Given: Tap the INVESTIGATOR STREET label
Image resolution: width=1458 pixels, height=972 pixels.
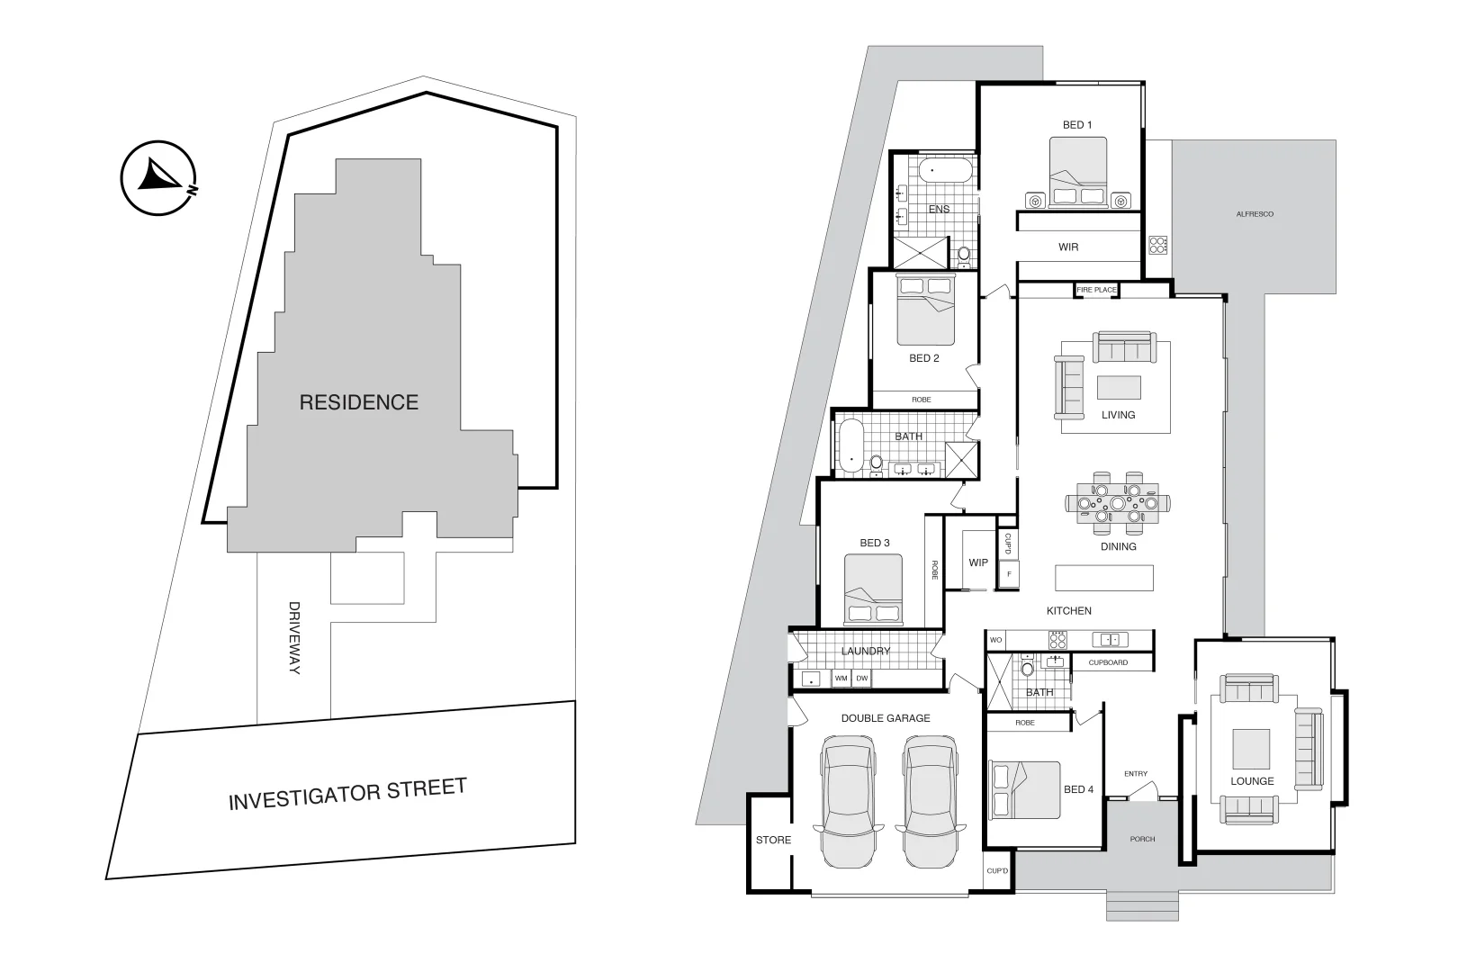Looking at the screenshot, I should coord(347,794).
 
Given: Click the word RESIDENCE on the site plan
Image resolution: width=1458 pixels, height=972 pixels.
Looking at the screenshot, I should coord(358,402).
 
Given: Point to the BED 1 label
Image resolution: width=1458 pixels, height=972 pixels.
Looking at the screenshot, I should coord(1077,125).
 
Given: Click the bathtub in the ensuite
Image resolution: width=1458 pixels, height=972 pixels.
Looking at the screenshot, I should coord(945,170).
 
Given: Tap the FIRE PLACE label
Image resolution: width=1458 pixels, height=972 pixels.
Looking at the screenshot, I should coord(1096,290).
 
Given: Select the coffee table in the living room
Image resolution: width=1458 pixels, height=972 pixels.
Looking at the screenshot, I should coord(1119,387).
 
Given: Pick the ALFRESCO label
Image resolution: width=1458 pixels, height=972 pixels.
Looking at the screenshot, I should coord(1255,214).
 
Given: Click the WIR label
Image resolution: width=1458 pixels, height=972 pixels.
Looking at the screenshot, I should coord(1068,247).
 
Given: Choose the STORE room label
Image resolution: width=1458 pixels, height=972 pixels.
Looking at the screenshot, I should coord(773,840).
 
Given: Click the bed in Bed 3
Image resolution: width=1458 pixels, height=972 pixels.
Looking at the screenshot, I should coord(873,589).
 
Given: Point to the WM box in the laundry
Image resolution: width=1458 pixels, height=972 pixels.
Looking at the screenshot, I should coord(841,679).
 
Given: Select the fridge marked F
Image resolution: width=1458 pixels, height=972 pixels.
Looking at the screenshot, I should coord(1009,573).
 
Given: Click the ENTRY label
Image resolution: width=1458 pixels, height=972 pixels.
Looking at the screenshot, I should coord(1136,774).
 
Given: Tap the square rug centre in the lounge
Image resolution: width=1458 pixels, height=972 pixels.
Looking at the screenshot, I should coord(1251,748).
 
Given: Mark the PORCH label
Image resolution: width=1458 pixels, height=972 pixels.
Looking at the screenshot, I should coord(1142,839).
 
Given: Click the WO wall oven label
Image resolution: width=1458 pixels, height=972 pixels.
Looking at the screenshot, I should coord(995,640).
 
